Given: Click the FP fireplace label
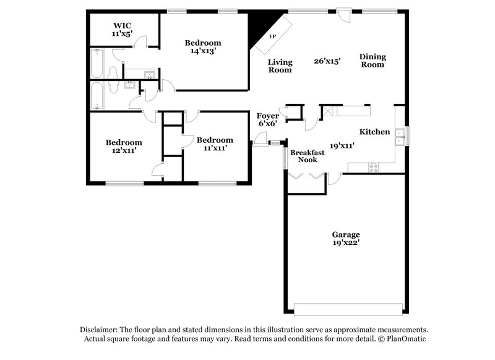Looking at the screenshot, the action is point(272,36).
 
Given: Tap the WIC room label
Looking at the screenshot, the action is point(122,25).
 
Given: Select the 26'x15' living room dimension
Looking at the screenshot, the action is point(327,61).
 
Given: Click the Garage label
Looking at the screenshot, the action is point(346,234).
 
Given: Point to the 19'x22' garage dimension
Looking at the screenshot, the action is point(346,242).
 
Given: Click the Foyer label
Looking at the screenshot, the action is point(268,116).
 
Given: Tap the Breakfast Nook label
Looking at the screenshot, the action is point(307,156).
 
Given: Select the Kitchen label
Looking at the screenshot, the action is point(374,132).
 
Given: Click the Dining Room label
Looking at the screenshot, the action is point(372,61).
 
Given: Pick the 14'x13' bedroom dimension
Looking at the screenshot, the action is point(203,51).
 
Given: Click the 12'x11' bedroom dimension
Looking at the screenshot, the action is point(124,150).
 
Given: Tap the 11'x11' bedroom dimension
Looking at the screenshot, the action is point(215,148).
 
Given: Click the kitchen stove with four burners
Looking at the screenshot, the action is point(374,168).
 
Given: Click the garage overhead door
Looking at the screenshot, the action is point(348,309).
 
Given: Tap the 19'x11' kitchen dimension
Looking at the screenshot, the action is point(342,146).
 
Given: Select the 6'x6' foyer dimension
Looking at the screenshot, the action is point(268,124).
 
